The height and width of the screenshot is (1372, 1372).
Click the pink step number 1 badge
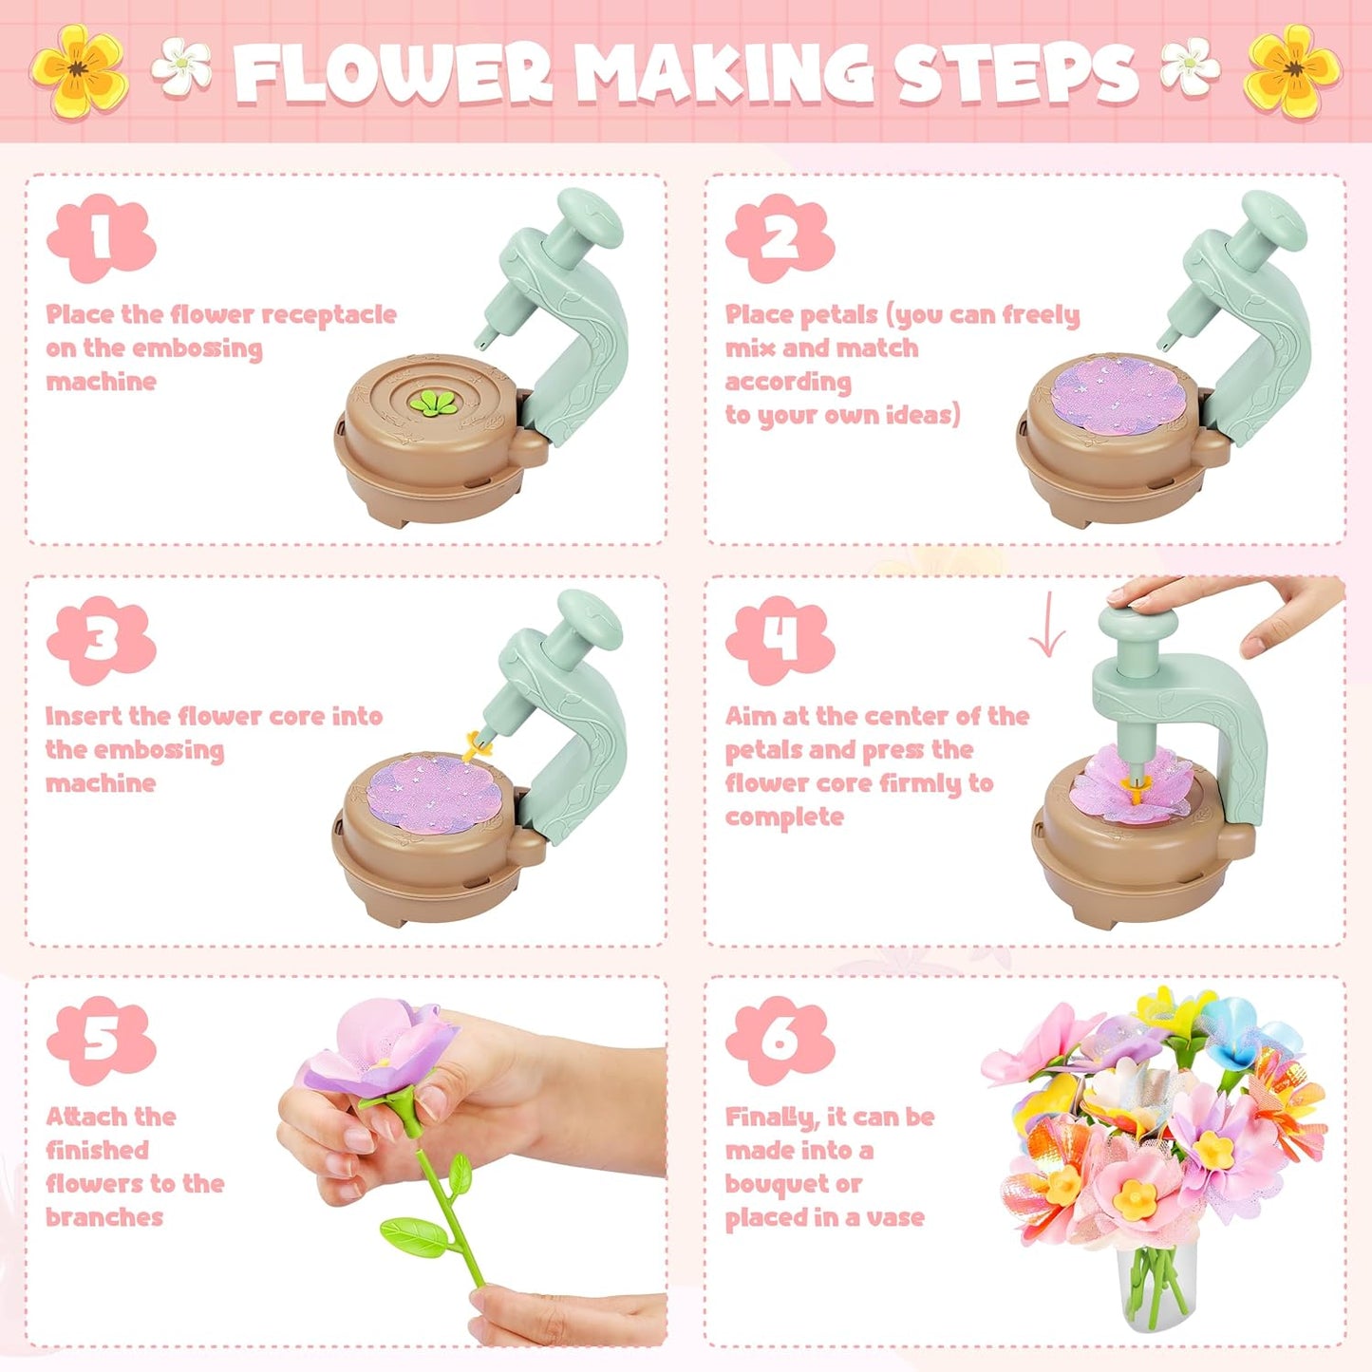coord(101,238)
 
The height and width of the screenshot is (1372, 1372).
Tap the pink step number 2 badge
coord(780,238)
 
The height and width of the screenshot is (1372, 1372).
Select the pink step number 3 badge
coord(101,640)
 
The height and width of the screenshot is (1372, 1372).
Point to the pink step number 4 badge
coord(780,640)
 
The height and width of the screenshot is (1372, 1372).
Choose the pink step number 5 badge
coord(101,1041)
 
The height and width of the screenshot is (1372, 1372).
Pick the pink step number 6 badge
coord(780,1041)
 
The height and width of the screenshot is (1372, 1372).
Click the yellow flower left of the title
coord(78,70)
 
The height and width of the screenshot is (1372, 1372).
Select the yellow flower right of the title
coord(1293,70)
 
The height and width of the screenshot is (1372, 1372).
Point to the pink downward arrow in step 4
coord(1047,626)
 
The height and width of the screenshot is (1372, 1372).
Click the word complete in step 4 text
coord(784,818)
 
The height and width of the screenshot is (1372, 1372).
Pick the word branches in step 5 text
coord(104,1218)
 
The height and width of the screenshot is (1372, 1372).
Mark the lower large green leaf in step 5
coord(414,1234)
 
